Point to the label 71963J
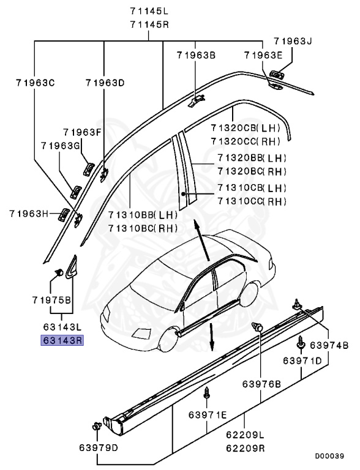293,42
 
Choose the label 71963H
28,214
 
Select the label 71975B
52,300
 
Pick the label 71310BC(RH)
143,228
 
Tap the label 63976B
261,384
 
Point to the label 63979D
99,447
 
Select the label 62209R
245,447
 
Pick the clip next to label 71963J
277,73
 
